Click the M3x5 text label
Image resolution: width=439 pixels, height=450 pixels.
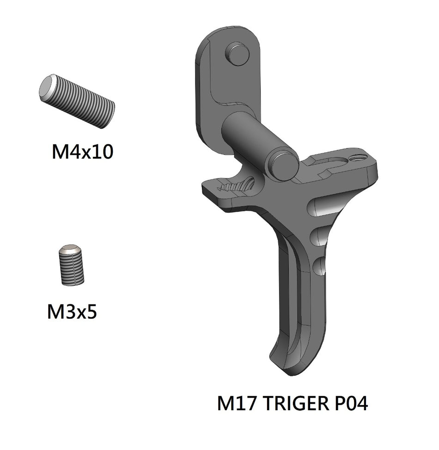point(72,312)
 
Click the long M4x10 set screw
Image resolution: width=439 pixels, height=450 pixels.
point(77,101)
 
